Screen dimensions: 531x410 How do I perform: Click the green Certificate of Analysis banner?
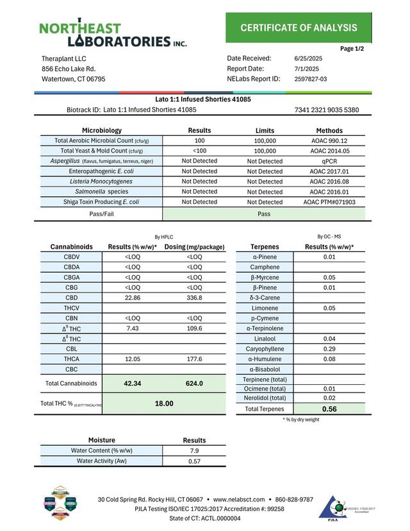coord(299,27)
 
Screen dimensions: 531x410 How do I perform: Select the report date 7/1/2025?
coord(307,69)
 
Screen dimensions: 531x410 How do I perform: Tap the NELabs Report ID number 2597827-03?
coord(311,79)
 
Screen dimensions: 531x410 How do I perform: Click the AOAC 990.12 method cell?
coord(329,140)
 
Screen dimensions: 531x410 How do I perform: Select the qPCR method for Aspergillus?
coord(329,161)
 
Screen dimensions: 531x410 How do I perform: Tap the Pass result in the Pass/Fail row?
coord(264,214)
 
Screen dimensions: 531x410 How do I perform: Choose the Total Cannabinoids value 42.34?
coord(133,383)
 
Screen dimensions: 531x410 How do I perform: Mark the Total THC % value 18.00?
coord(165,403)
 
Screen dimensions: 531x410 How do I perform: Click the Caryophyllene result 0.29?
coord(329,348)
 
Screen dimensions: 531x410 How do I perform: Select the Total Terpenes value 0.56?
coord(329,409)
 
